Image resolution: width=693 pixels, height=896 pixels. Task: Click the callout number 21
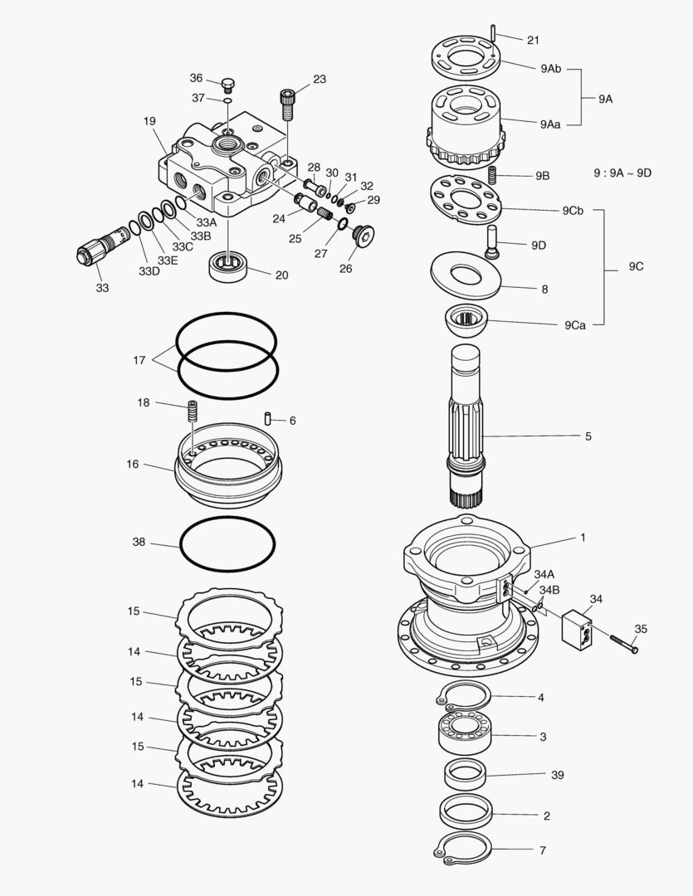pos(533,40)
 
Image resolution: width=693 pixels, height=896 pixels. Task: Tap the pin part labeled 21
pos(492,33)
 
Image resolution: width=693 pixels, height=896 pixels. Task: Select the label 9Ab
pos(550,69)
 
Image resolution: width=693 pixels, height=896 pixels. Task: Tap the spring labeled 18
pos(193,411)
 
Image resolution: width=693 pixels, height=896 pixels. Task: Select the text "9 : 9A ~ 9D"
pos(622,173)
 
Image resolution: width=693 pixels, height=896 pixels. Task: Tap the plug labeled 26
pos(363,236)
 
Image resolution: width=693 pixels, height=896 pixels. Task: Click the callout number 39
pos(557,775)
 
